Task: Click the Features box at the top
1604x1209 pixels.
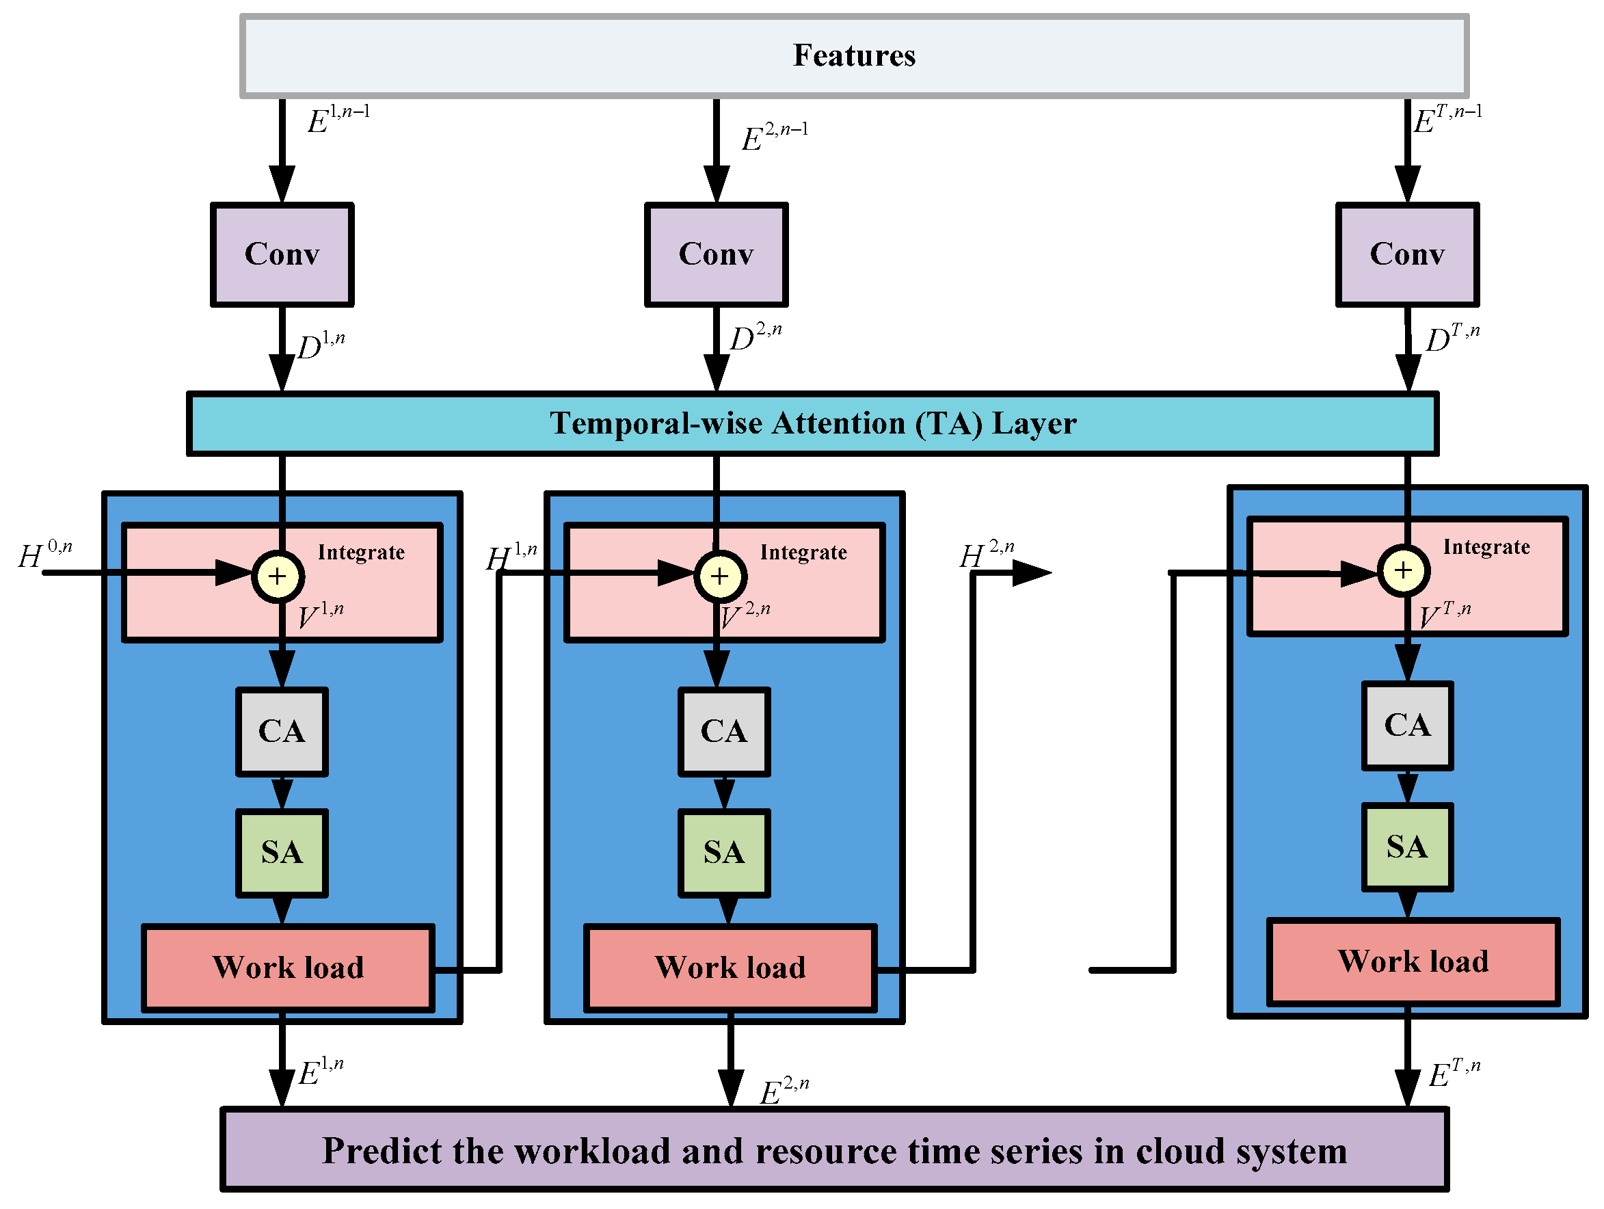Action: point(854,56)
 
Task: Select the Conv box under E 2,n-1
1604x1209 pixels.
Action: point(716,254)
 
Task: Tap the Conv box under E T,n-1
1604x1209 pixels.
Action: point(1407,254)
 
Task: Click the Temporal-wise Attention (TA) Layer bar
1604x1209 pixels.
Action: point(812,423)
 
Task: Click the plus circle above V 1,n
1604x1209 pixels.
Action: point(278,576)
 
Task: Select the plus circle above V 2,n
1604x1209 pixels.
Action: point(719,576)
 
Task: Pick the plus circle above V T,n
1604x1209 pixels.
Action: point(1403,570)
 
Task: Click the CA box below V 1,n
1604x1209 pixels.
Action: point(282,732)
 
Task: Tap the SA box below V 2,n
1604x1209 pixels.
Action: point(723,853)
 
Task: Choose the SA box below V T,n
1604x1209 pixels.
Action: point(1407,847)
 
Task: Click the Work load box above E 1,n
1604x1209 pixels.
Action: point(288,968)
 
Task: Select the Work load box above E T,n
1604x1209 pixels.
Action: point(1413,961)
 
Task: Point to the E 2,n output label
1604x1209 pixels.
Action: point(783,1091)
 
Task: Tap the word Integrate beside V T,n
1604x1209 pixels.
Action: point(1486,547)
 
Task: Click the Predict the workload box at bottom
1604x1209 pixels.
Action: point(834,1151)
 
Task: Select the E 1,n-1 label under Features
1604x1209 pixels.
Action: point(338,120)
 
